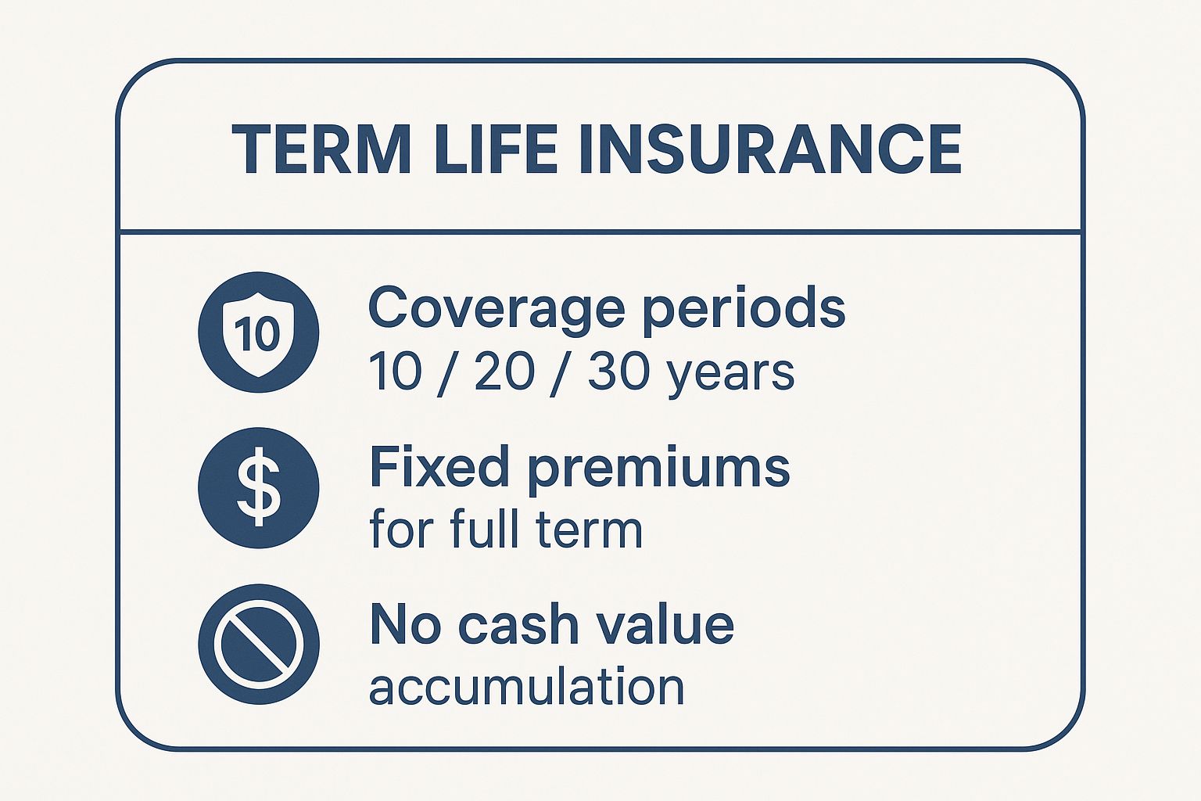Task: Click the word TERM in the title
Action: click(321, 149)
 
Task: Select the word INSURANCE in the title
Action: click(769, 149)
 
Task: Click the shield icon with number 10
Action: click(258, 332)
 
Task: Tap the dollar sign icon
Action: click(258, 487)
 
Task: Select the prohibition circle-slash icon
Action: click(258, 644)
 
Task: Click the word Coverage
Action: click(496, 308)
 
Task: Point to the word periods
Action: click(743, 308)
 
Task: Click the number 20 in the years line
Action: click(504, 372)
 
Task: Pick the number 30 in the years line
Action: click(618, 372)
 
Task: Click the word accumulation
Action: click(526, 687)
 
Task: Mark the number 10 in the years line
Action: click(394, 372)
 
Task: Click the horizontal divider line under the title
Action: click(600, 232)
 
